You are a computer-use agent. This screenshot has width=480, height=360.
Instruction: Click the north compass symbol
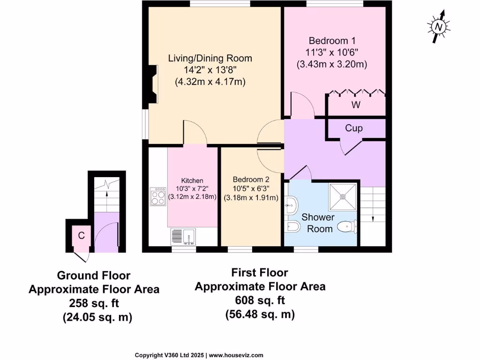click(x=439, y=27)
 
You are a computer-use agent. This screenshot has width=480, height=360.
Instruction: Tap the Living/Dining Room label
click(x=210, y=59)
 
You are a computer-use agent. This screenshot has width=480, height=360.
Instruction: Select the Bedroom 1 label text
click(x=329, y=41)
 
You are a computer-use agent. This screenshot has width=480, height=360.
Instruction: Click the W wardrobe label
click(x=356, y=105)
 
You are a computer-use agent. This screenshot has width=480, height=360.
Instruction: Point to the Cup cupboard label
click(x=354, y=128)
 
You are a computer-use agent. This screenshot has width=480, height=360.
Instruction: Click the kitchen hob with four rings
click(x=158, y=196)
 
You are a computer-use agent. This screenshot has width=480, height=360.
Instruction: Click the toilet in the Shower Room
click(x=348, y=227)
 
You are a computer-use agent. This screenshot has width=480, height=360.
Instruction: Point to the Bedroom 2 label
click(x=251, y=180)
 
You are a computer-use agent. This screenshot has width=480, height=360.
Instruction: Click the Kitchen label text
click(x=192, y=180)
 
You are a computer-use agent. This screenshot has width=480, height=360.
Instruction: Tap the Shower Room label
click(x=318, y=223)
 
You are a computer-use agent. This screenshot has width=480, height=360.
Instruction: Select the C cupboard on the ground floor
click(x=81, y=236)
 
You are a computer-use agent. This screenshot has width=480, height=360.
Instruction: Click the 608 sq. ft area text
click(x=260, y=300)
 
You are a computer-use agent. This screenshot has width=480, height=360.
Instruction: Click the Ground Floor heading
click(x=94, y=275)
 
